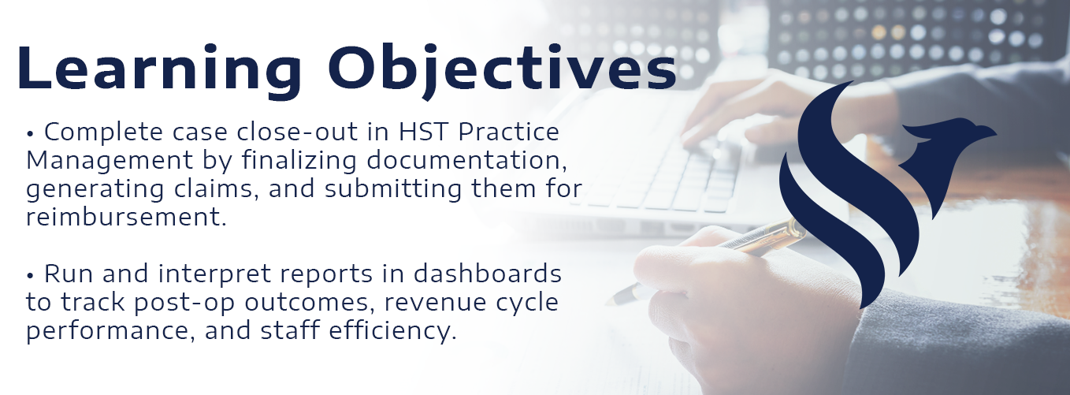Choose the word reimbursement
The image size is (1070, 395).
coord(126,217)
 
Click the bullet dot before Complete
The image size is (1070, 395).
coord(30,135)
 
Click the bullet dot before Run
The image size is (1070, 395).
coord(30,277)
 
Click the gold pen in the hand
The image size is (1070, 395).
coord(706,261)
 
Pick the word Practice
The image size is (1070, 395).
coord(509,132)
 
